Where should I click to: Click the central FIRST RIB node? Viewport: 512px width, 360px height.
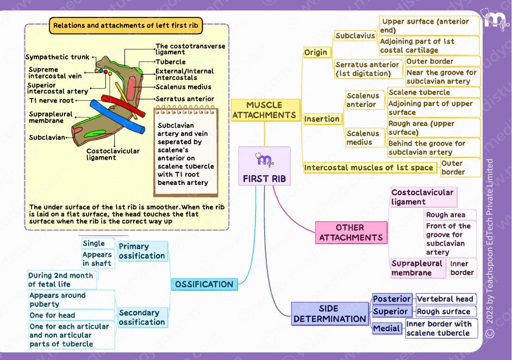click(265, 166)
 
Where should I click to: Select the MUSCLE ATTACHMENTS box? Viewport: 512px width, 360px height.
click(265, 110)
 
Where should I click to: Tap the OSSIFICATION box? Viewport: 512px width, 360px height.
click(204, 284)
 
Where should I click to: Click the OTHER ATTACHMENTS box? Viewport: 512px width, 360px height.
click(351, 232)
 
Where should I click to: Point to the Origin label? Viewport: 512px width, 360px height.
click(316, 52)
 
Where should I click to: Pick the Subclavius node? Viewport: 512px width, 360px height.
click(355, 36)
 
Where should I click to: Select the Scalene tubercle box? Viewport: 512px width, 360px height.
click(419, 92)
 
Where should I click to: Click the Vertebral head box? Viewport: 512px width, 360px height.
click(445, 299)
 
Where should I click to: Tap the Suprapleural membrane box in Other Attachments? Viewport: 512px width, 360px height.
click(417, 268)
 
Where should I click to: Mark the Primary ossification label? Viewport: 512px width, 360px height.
click(142, 251)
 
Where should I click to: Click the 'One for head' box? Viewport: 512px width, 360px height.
click(53, 315)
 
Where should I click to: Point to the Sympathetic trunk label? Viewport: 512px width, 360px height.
click(57, 57)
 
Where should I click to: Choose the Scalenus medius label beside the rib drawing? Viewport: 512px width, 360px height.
click(183, 87)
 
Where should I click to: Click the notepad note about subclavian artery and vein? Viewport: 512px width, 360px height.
click(186, 154)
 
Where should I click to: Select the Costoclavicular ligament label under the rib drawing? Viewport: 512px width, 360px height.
click(113, 154)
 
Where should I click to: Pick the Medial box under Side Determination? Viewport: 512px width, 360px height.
click(387, 328)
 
